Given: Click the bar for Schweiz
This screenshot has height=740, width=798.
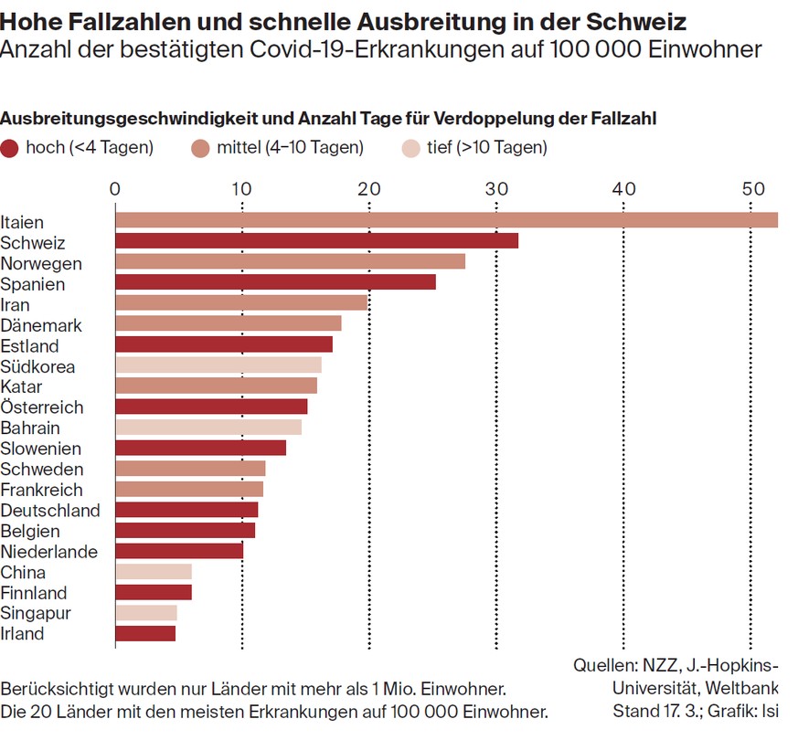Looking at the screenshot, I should (316, 241).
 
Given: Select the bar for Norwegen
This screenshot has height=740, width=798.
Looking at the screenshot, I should (290, 262).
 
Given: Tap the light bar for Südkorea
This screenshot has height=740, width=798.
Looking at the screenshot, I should (218, 365).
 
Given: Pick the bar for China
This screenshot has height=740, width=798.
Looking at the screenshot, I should (154, 572).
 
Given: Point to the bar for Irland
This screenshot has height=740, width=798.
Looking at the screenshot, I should (145, 633).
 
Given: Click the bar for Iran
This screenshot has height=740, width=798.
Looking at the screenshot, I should (240, 303).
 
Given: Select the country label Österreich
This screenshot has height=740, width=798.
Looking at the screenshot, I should (42, 407).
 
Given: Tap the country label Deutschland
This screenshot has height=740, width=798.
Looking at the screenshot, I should (50, 510).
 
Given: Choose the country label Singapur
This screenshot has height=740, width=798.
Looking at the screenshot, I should (36, 613).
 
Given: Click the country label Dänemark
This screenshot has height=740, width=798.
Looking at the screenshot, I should (41, 325).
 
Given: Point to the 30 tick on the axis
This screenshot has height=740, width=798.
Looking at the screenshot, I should (496, 189).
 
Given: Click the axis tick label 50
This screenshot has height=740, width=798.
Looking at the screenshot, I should (751, 189).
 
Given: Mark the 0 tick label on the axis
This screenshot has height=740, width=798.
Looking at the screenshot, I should (115, 189).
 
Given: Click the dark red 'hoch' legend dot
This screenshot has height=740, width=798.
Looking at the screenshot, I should (10, 148).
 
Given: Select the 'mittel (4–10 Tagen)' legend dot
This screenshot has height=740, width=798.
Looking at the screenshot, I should (200, 148).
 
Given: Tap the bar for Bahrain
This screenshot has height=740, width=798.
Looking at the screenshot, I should (207, 428).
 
